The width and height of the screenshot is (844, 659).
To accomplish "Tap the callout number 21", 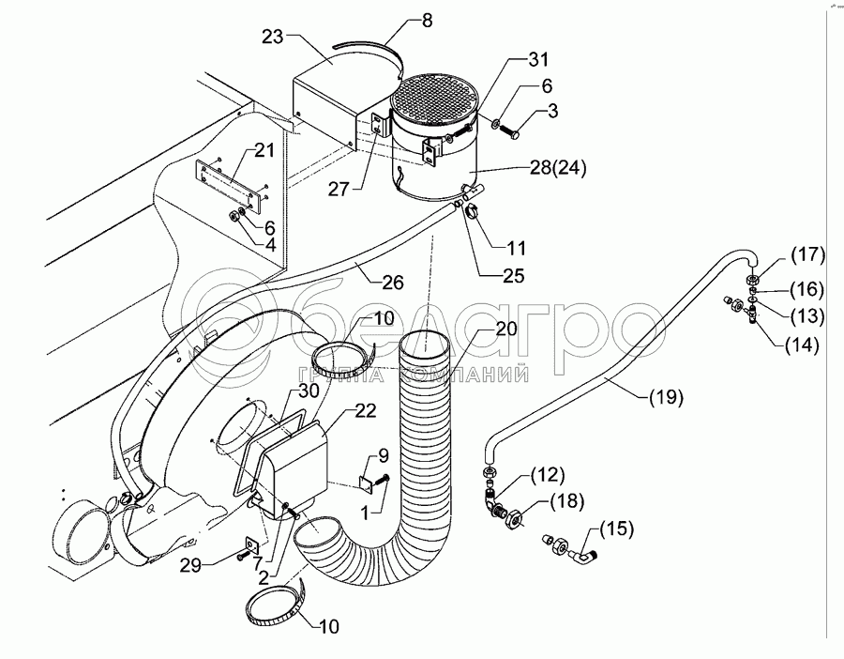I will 264,152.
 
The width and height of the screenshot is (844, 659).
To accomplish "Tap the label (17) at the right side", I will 806,253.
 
